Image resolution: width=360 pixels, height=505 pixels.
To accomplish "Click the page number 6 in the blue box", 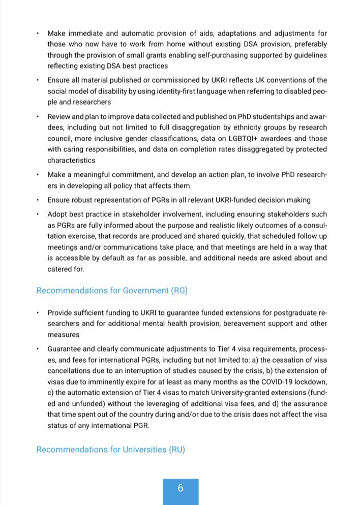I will (181, 488).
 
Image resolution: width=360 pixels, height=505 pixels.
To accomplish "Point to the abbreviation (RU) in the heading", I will (176, 450).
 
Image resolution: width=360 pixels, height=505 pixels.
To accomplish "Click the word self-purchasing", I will (223, 55).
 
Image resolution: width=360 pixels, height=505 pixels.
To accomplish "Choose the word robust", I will (81, 200).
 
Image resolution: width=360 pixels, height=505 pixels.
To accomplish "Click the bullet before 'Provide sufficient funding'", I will (38, 312).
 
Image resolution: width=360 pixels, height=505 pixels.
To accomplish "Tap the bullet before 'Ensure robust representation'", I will (38, 200).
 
